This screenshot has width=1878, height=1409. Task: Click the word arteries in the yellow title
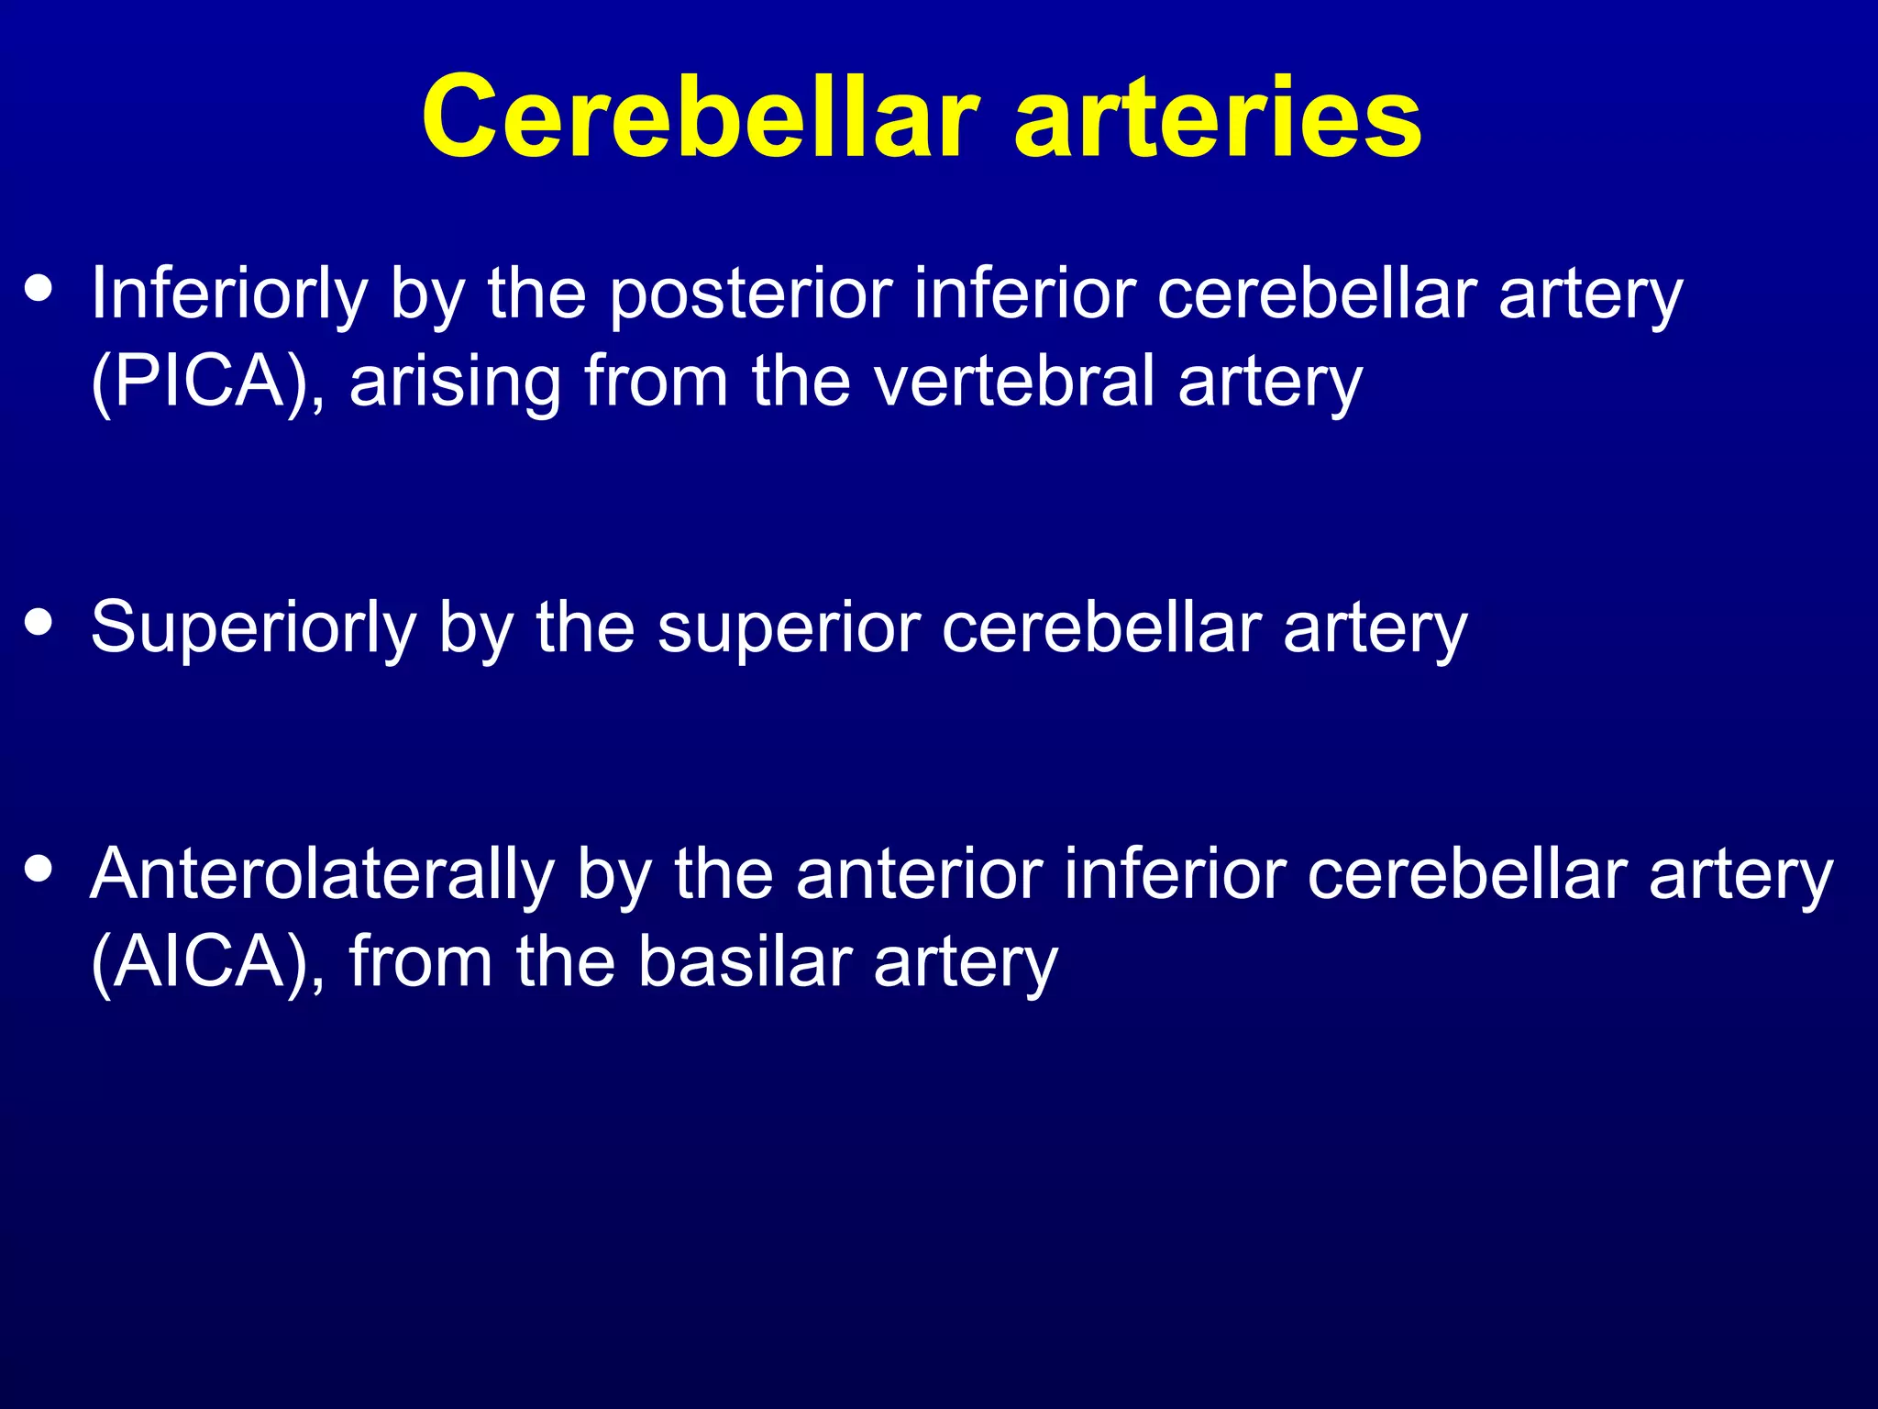pyautogui.click(x=1219, y=117)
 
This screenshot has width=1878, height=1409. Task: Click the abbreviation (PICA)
pyautogui.click(x=207, y=382)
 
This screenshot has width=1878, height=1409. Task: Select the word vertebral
pyautogui.click(x=1013, y=382)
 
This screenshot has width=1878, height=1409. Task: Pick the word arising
pyautogui.click(x=455, y=383)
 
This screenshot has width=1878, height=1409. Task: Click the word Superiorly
pyautogui.click(x=253, y=629)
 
